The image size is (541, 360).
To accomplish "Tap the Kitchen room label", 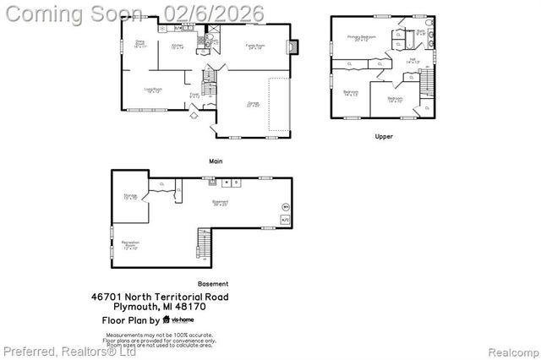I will click(x=178, y=46).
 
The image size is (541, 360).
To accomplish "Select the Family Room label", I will click(x=253, y=46).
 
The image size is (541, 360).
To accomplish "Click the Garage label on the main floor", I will click(x=253, y=105).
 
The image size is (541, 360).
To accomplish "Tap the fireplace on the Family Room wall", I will click(x=292, y=48).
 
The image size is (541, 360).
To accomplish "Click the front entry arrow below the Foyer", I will click(x=195, y=116).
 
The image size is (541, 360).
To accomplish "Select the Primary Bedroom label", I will click(x=365, y=38).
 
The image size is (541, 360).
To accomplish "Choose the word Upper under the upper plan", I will click(x=384, y=135).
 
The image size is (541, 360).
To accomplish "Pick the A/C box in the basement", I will click(x=285, y=220).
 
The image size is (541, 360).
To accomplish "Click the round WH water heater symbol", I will click(x=285, y=206).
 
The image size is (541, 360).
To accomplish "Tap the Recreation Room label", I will click(x=131, y=245).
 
